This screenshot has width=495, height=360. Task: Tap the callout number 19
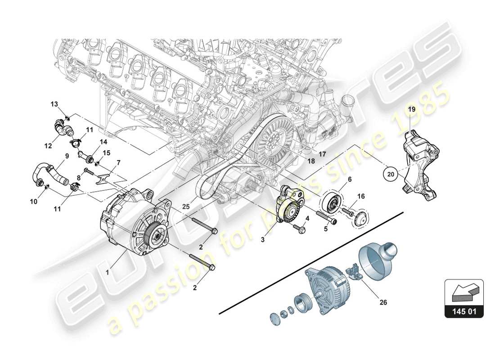click(x=411, y=109)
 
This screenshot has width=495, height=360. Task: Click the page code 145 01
click(x=464, y=310)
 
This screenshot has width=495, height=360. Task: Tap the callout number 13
click(x=54, y=104)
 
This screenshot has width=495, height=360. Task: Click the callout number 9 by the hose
click(x=67, y=156)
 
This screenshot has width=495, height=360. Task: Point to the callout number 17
click(x=322, y=153)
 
